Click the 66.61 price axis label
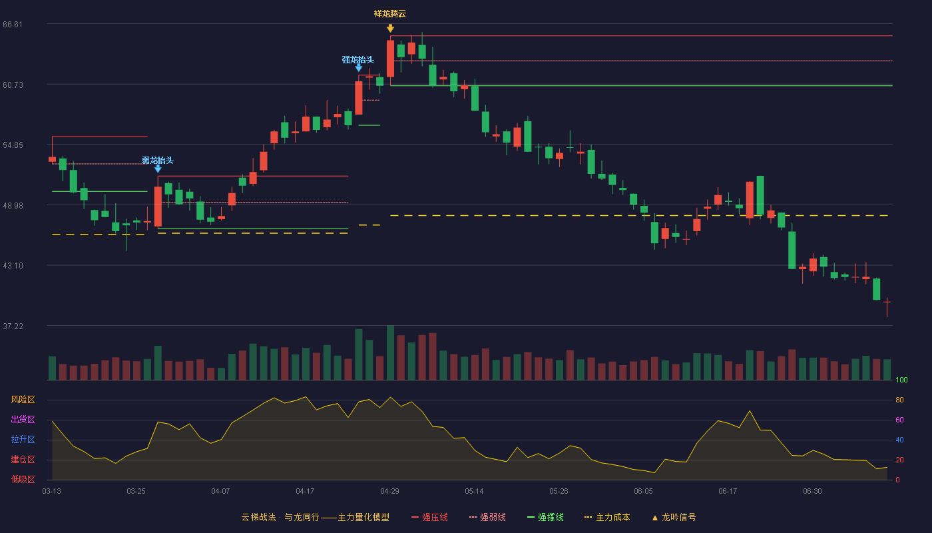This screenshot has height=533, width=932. [x=13, y=25]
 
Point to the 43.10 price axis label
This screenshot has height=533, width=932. [x=13, y=266]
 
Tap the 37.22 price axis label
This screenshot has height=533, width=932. [x=13, y=326]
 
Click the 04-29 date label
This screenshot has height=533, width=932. [x=389, y=492]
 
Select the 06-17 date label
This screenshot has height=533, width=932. [x=728, y=492]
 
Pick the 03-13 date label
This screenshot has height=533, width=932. [x=52, y=492]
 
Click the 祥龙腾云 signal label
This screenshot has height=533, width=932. [x=390, y=14]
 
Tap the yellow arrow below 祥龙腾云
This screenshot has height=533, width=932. [x=390, y=28]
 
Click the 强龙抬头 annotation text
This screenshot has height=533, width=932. [x=358, y=59]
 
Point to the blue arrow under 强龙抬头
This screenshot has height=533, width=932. [x=359, y=68]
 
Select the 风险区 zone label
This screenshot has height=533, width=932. [x=23, y=400]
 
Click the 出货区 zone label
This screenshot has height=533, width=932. [x=23, y=419]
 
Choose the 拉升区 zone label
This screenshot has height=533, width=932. [x=23, y=439]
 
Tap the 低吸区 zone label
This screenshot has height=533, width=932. [x=23, y=479]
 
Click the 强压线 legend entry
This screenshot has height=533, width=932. [x=429, y=517]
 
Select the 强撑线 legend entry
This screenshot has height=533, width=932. [x=545, y=517]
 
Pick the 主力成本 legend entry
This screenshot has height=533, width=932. [x=607, y=517]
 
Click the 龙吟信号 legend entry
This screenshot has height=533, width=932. [x=674, y=517]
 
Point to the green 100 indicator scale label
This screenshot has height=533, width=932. [x=901, y=380]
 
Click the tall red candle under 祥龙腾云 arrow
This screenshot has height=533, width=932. [x=390, y=59]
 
